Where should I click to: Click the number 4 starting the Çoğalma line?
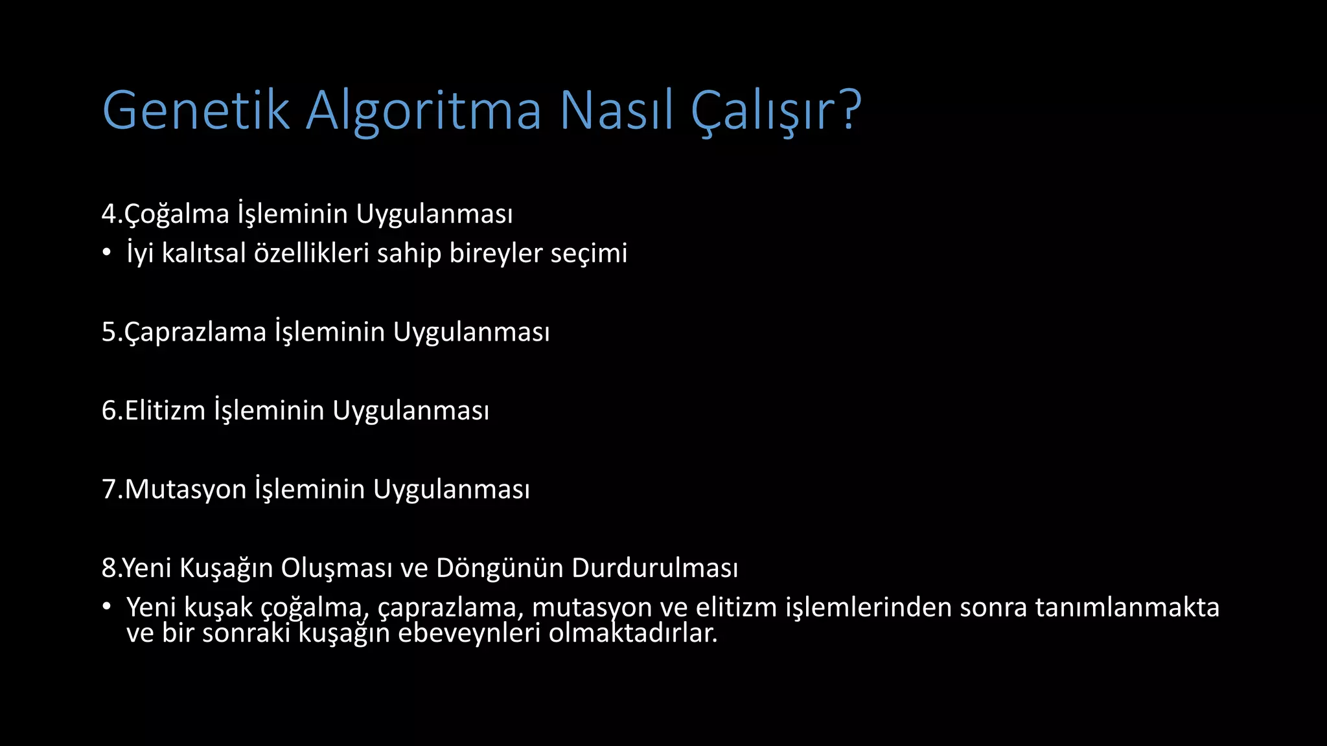108,214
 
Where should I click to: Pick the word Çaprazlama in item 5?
195,332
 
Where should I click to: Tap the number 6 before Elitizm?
109,411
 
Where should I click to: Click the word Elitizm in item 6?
165,411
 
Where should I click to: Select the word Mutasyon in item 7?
185,490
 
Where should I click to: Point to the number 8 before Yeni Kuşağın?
108,568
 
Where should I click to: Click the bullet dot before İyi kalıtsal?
106,253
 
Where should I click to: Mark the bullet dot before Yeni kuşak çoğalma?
106,607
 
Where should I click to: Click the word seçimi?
589,254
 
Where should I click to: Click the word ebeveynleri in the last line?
468,633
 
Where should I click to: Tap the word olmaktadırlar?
633,633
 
